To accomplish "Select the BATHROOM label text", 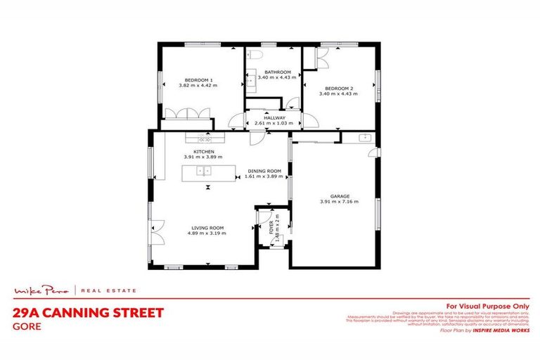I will (277, 72).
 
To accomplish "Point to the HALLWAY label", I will (274, 118).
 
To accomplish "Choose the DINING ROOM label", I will (264, 171).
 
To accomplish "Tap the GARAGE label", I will (340, 196).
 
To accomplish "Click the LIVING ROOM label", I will (207, 227).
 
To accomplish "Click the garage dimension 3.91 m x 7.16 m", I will (340, 202).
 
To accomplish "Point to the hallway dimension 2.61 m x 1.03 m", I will (274, 123).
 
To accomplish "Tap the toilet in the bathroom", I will (255, 55).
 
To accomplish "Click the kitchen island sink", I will (204, 171).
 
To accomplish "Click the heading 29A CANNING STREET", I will (89, 313).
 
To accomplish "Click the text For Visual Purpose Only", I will (484, 306).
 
